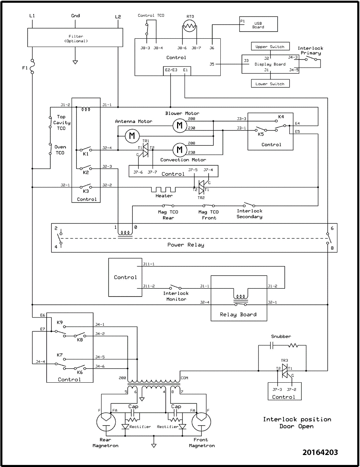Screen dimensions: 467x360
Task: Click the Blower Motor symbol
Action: (x=179, y=125)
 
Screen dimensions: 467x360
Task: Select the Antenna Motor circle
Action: (x=132, y=136)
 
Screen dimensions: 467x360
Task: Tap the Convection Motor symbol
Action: (x=179, y=149)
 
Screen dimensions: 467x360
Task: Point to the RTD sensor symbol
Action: (x=190, y=26)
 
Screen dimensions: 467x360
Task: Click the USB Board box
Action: (x=258, y=24)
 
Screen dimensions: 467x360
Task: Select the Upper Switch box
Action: (x=270, y=47)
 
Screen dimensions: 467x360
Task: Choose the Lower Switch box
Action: (x=270, y=84)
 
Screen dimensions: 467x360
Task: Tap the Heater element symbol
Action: (x=164, y=189)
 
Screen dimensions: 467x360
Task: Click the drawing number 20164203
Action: (x=320, y=452)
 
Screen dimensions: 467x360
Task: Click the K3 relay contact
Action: (x=86, y=187)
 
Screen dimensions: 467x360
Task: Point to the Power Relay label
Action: (x=186, y=245)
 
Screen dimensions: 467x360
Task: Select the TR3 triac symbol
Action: (x=284, y=371)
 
